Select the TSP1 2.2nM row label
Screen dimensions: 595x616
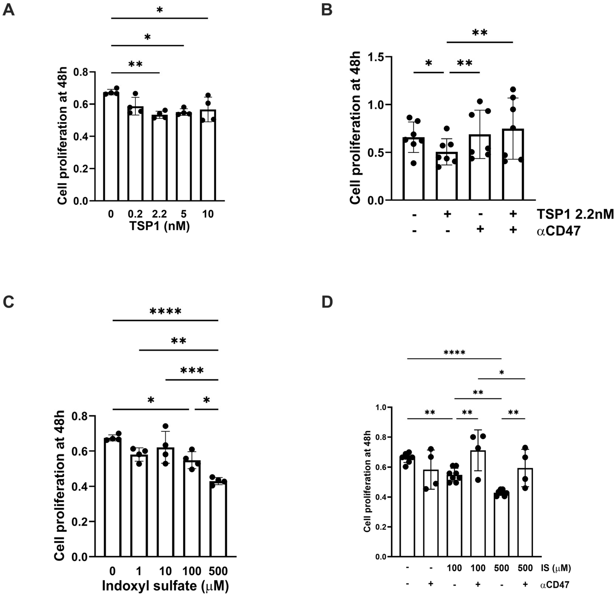coord(575,214)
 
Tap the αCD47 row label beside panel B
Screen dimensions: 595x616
coord(558,231)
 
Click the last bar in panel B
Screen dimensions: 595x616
coord(513,164)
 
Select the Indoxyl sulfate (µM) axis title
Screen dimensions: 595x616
coord(165,586)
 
